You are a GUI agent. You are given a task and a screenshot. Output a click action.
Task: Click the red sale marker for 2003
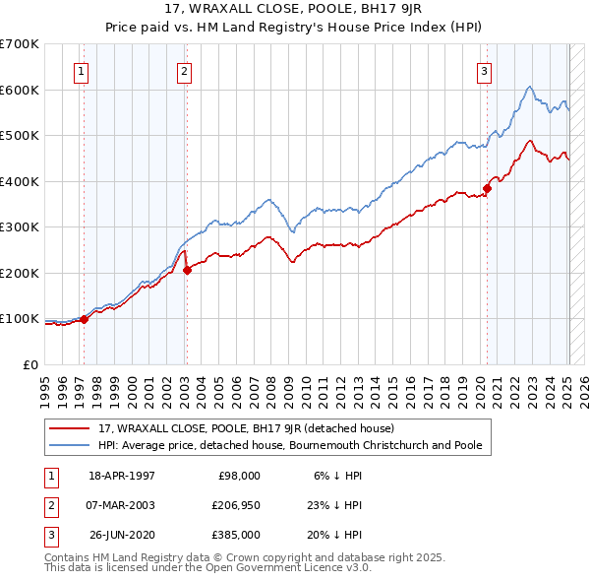[x=187, y=271]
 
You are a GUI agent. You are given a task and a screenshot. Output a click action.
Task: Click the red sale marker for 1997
[x=84, y=319]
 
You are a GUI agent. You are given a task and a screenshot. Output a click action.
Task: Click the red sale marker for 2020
[x=487, y=188]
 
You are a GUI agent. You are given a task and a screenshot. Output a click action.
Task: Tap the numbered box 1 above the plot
[x=80, y=70]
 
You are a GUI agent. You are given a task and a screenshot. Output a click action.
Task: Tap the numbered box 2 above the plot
[x=184, y=70]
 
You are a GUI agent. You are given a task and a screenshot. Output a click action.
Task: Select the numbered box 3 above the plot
[x=485, y=70]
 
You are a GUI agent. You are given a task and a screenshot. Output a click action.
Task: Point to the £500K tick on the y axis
[x=20, y=135]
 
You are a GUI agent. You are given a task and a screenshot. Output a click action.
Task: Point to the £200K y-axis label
[x=20, y=273]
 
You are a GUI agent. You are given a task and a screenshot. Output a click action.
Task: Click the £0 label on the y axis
[x=29, y=364]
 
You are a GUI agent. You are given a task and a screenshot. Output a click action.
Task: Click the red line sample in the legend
[x=71, y=429]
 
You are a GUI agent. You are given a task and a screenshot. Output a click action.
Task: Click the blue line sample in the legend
[x=71, y=446]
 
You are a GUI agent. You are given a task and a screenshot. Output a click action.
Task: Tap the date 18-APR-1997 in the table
[x=122, y=475]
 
